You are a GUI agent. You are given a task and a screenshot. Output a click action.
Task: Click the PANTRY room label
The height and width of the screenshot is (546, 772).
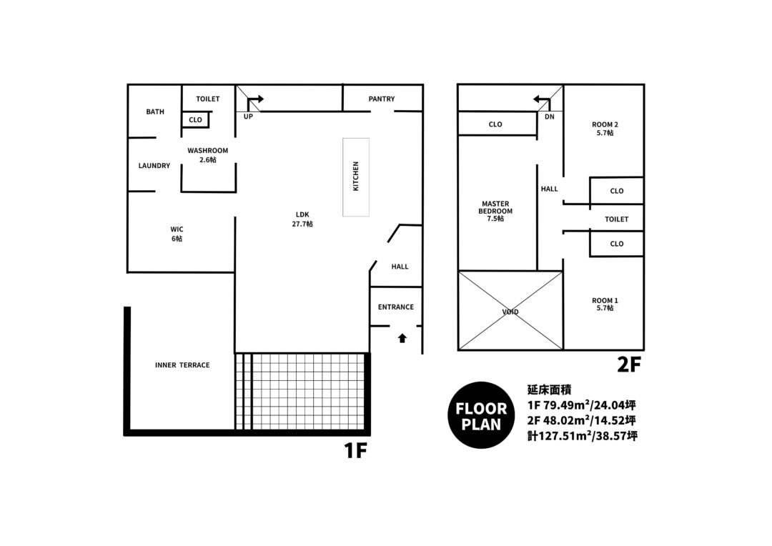point(382,99)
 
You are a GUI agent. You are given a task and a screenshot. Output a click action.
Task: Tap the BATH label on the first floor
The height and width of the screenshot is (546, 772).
point(155,111)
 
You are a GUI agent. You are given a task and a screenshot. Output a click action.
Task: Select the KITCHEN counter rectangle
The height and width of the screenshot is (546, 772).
point(356,177)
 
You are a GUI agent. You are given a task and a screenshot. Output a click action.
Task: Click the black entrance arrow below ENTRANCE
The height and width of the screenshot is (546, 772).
point(402,338)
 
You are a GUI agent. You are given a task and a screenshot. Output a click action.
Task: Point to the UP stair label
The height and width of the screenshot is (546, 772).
point(248,116)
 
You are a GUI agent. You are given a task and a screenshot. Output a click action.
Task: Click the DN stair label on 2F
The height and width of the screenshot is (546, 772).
point(550,116)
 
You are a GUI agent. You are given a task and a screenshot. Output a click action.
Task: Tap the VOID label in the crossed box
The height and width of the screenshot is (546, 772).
point(510,312)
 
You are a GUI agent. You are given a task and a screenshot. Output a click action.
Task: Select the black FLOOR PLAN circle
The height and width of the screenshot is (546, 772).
point(481,415)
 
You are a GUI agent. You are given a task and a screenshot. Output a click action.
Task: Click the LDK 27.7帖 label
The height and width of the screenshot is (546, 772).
point(302,219)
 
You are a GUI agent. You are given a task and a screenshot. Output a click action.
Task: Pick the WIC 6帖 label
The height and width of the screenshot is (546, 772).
point(177,234)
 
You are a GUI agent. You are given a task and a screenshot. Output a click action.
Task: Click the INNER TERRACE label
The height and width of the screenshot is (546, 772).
point(182,364)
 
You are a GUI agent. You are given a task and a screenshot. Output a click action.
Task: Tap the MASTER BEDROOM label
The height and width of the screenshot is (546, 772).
point(495,212)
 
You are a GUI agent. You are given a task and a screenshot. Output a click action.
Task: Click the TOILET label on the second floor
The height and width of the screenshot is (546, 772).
point(616,219)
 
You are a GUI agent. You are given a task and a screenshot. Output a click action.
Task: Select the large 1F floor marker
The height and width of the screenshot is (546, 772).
point(355,450)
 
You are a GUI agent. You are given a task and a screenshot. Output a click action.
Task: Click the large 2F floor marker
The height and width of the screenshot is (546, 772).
point(629,364)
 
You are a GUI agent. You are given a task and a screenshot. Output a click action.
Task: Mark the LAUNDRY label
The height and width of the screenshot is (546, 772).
point(154,166)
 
